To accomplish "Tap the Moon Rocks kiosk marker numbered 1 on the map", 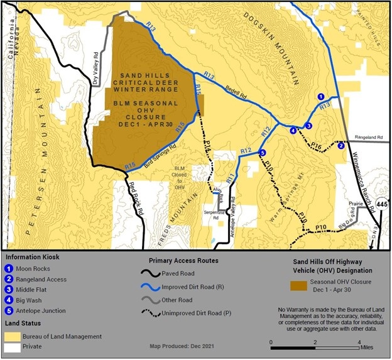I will pos(320,97).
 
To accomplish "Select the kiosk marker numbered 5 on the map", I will pos(262,153).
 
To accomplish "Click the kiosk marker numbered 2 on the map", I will pos(341,146).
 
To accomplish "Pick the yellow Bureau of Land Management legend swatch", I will pos(13,335).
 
